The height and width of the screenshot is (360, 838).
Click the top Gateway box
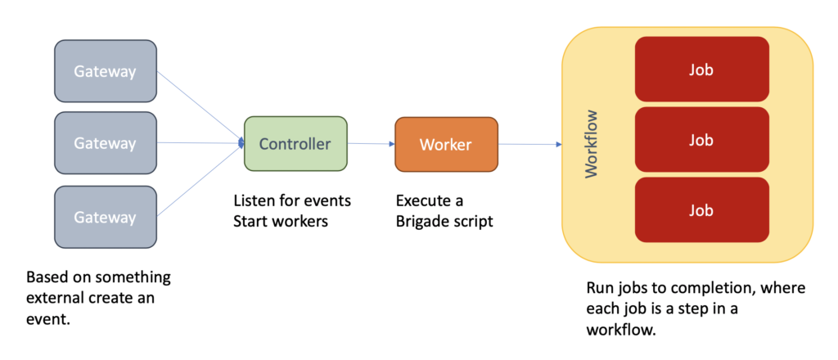(x=105, y=71)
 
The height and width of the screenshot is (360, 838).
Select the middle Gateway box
(x=105, y=143)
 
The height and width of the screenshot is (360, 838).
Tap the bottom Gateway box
(x=105, y=217)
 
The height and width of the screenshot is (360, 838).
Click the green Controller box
(x=295, y=144)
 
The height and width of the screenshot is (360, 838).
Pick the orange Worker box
(x=445, y=145)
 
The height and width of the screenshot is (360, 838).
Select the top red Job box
(x=701, y=70)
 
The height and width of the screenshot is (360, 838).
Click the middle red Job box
(x=701, y=140)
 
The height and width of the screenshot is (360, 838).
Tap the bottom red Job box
(x=701, y=210)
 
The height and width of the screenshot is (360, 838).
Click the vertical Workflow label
(x=592, y=144)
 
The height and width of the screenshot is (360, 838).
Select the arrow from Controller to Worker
(x=371, y=144)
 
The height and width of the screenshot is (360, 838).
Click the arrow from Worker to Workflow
(x=528, y=145)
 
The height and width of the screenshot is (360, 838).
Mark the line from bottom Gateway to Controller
(x=199, y=181)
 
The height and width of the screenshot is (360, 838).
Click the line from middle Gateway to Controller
(x=199, y=143)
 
